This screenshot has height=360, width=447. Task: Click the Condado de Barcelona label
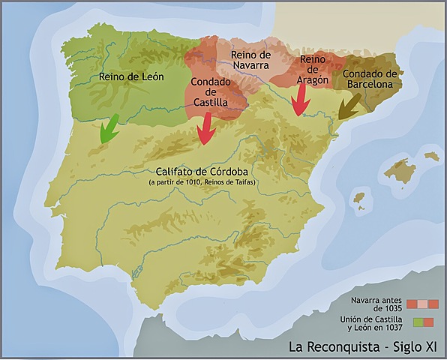[369, 79]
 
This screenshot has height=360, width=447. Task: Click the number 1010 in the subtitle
[197, 181]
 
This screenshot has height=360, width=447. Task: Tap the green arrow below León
[109, 128]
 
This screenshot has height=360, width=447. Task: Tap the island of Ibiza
[359, 200]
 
